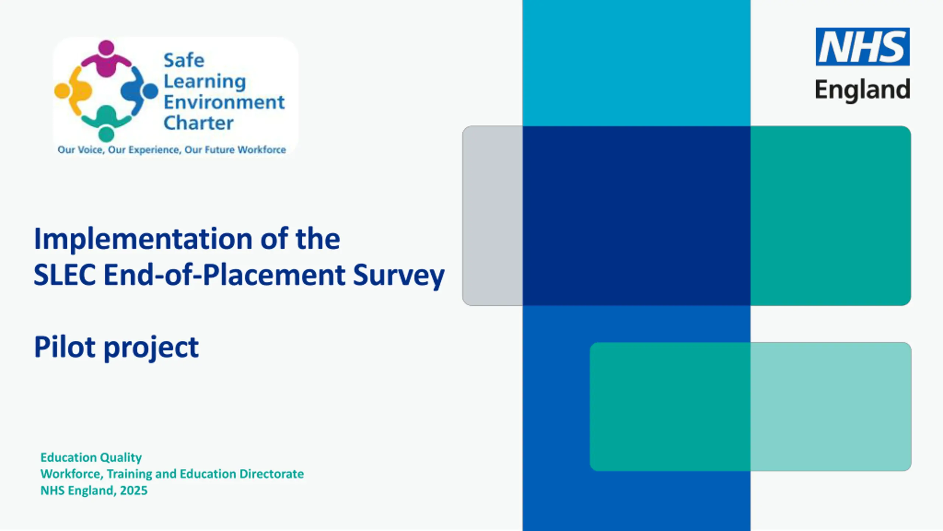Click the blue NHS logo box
(863, 46)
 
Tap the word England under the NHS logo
(863, 90)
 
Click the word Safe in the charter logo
(184, 60)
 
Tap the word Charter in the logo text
(199, 123)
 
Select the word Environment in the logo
(224, 102)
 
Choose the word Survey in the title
(399, 277)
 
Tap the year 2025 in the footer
(133, 490)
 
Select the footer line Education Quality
(91, 458)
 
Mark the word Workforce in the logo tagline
(262, 150)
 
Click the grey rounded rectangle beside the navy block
(493, 216)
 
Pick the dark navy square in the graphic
(637, 216)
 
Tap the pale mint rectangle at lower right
(831, 407)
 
